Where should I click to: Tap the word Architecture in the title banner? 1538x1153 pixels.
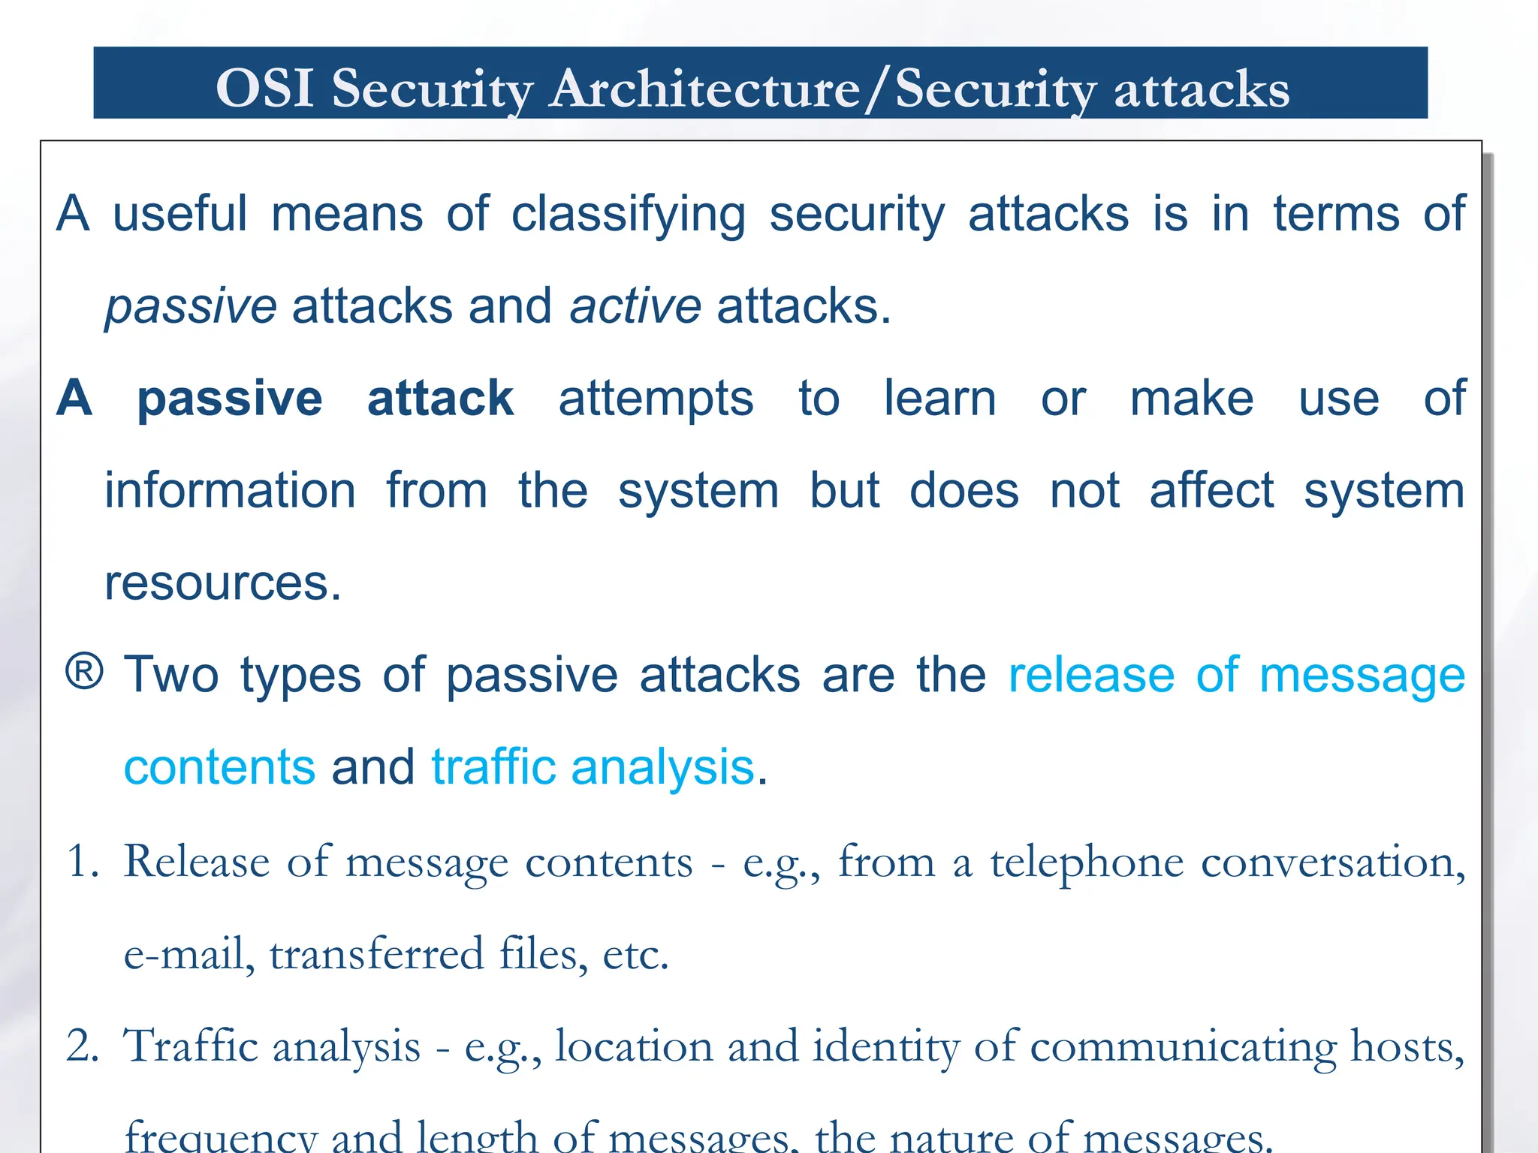[704, 89]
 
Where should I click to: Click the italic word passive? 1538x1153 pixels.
[191, 307]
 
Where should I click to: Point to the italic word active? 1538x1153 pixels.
[635, 307]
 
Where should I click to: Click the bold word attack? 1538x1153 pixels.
[440, 398]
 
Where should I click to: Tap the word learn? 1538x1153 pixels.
[939, 398]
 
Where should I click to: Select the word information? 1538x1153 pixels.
[230, 491]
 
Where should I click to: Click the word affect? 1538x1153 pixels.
[1211, 491]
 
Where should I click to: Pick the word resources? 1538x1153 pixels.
[223, 583]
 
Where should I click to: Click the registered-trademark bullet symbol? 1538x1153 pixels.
[84, 672]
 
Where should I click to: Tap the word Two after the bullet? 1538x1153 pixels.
[171, 675]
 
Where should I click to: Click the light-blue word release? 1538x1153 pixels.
[1091, 675]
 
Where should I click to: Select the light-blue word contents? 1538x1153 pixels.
[219, 767]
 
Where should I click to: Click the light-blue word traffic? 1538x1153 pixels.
[493, 767]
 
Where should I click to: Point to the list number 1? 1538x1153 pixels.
[82, 862]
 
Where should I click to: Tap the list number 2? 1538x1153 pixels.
[82, 1046]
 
